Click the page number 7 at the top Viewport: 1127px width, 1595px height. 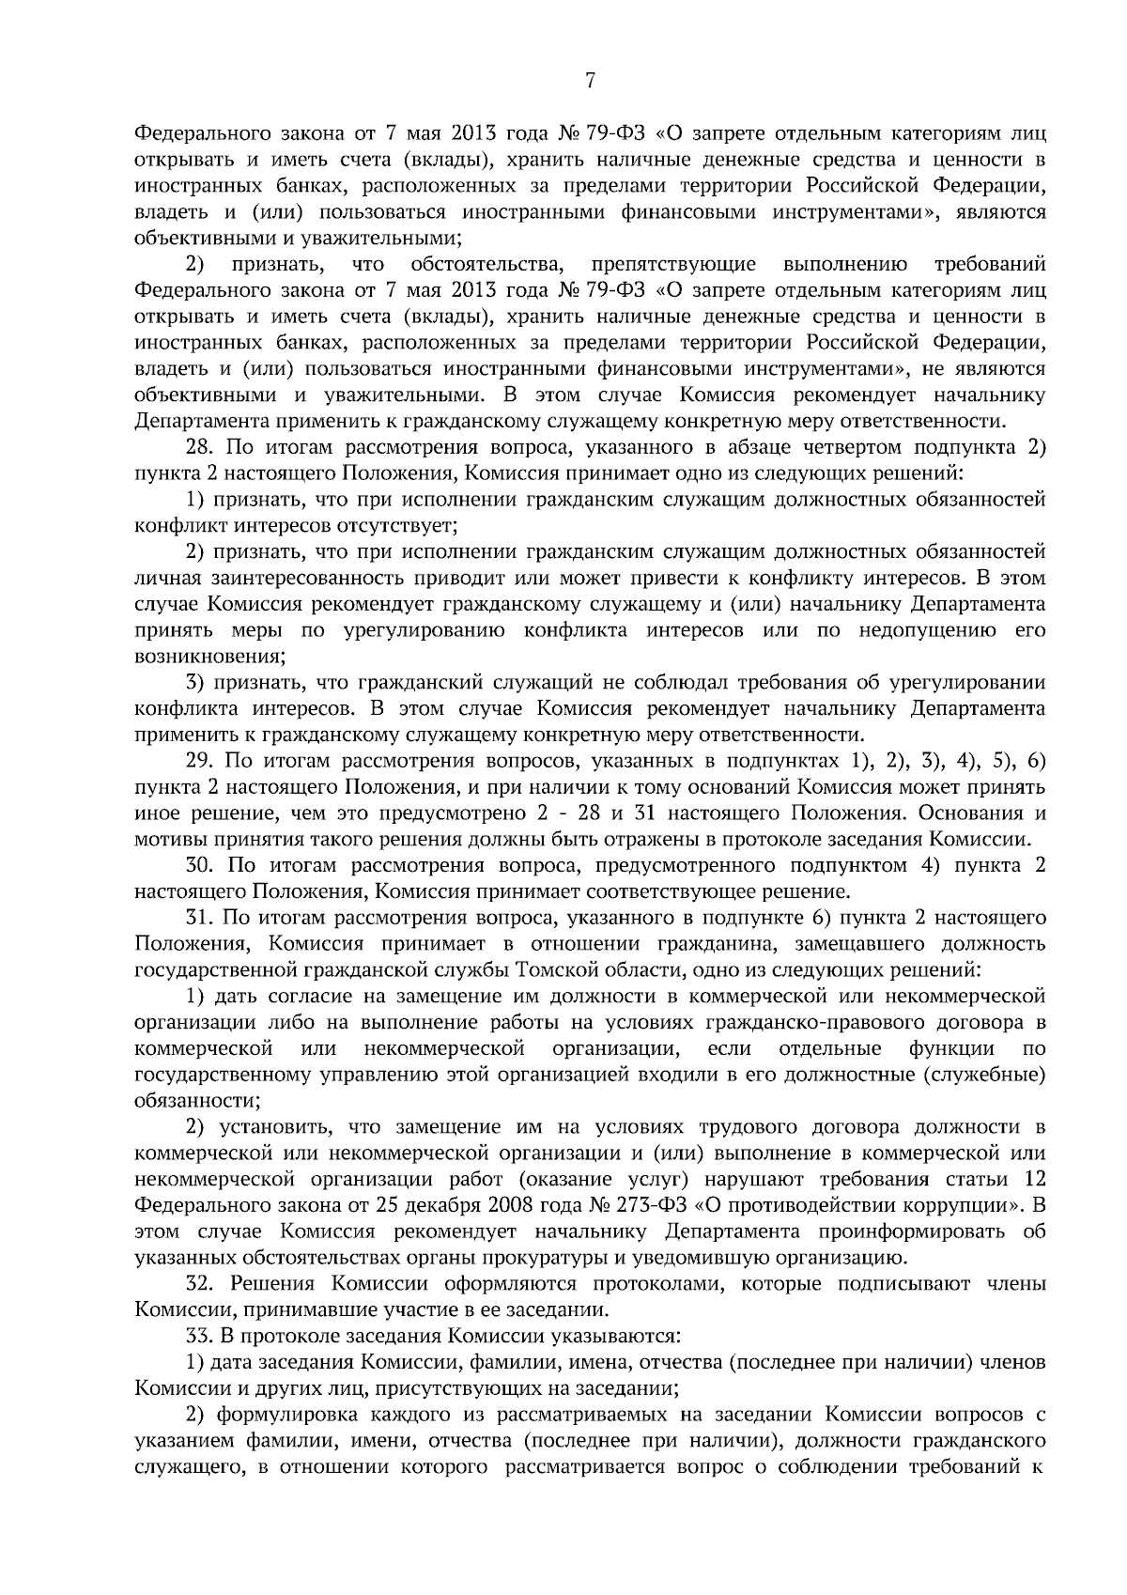click(590, 82)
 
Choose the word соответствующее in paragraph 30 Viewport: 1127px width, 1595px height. click(600, 890)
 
